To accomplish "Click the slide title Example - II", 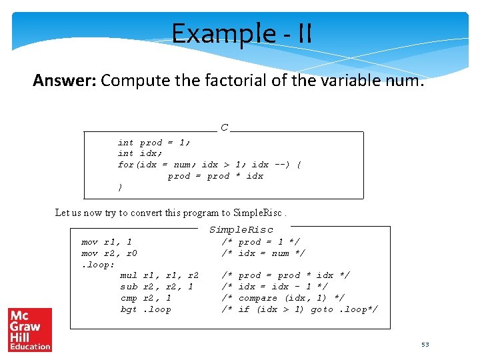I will point(241,33).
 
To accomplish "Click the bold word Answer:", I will point(65,81).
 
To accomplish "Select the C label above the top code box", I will point(224,127).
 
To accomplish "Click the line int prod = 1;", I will point(154,143).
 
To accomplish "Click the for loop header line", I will point(209,165).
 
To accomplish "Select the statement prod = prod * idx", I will point(215,176).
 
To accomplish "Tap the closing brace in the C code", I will point(120,187).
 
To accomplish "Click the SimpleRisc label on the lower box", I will point(241,230).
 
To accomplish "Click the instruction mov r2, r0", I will point(109,253).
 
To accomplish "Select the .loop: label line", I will point(97,265).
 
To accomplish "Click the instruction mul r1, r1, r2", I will point(159,275).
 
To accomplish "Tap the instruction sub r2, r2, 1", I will point(157,287).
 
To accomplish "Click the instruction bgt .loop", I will point(145,309).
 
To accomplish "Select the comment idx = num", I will point(263,253).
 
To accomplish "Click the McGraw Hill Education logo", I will point(29,329).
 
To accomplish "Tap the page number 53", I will point(425,345).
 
